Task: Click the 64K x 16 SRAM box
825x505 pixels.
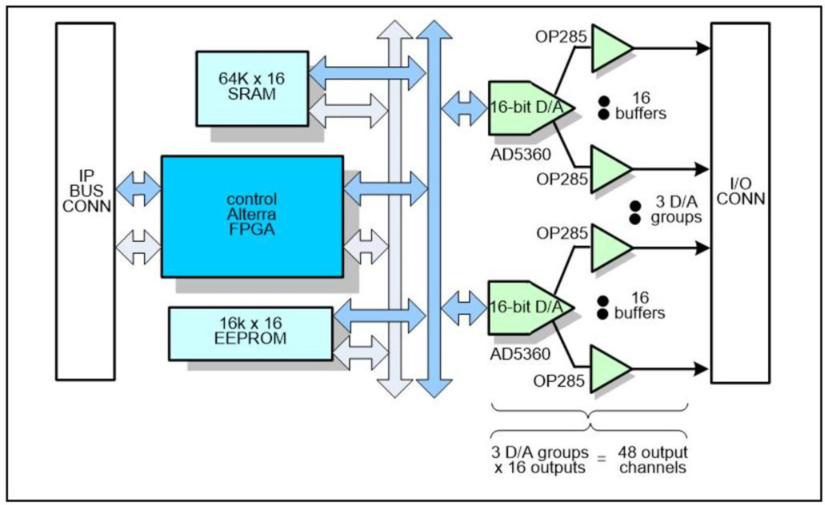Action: pos(252,88)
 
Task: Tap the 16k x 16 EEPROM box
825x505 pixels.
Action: pos(250,333)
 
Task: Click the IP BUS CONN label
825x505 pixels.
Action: pos(86,191)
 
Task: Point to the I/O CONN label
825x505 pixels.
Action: pos(740,192)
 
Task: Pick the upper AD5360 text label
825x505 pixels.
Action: pos(520,154)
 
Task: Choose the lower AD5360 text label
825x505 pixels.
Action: pos(520,354)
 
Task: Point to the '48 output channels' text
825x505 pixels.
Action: pos(652,459)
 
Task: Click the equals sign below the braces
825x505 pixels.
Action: pos(602,459)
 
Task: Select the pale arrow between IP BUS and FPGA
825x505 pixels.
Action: pos(138,247)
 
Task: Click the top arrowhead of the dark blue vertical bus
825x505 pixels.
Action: pos(434,30)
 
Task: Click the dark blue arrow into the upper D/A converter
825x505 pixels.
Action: pos(464,108)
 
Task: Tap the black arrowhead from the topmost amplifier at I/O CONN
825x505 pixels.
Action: pos(703,48)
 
